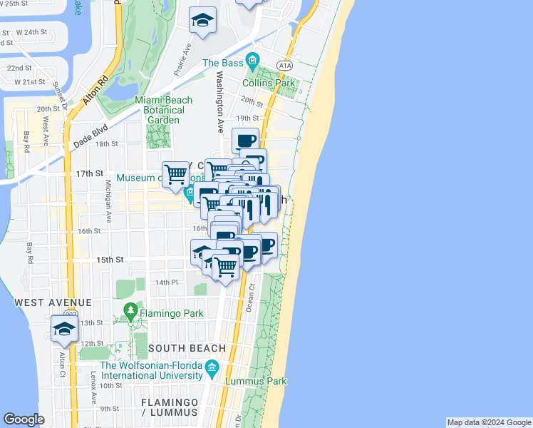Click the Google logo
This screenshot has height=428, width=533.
[x=24, y=419]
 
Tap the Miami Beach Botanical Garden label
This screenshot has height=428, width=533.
[x=165, y=110]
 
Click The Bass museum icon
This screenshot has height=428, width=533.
[x=251, y=59]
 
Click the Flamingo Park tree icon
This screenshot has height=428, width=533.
[x=130, y=310]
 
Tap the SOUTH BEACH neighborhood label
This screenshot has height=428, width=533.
[x=187, y=348]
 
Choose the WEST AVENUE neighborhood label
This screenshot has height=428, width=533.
[x=53, y=302]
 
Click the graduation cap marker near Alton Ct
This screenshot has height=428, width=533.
[x=64, y=329]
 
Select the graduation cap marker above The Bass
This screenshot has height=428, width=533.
[x=203, y=21]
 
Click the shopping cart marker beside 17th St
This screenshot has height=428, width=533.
[x=175, y=174]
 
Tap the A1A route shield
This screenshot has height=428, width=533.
[x=286, y=65]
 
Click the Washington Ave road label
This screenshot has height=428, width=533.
[x=220, y=101]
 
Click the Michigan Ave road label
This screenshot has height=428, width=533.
[x=110, y=199]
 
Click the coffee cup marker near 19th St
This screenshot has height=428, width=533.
[x=246, y=141]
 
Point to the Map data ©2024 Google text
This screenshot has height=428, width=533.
[x=488, y=422]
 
